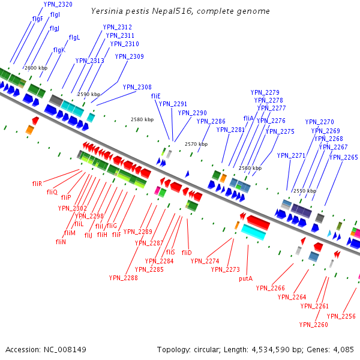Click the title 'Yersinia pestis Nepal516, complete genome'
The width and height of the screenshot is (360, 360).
click(x=181, y=11)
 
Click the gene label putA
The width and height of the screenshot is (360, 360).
click(x=245, y=278)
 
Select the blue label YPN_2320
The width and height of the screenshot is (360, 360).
click(x=58, y=5)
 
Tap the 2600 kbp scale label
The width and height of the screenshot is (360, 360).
click(x=35, y=68)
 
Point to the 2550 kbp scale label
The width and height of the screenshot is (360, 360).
click(x=304, y=191)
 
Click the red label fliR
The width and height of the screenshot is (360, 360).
click(x=37, y=183)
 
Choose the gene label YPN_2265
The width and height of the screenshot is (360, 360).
click(x=343, y=157)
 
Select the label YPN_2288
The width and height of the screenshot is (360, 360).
click(x=123, y=278)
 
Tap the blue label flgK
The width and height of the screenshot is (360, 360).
click(x=59, y=50)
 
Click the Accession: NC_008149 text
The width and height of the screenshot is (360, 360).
click(x=46, y=349)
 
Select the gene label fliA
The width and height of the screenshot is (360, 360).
click(x=248, y=118)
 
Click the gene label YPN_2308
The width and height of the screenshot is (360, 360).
click(x=137, y=87)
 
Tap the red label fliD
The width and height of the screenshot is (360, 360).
click(x=186, y=253)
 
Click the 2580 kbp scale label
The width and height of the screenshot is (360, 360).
click(x=142, y=120)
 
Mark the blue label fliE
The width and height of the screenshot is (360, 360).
click(x=155, y=96)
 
